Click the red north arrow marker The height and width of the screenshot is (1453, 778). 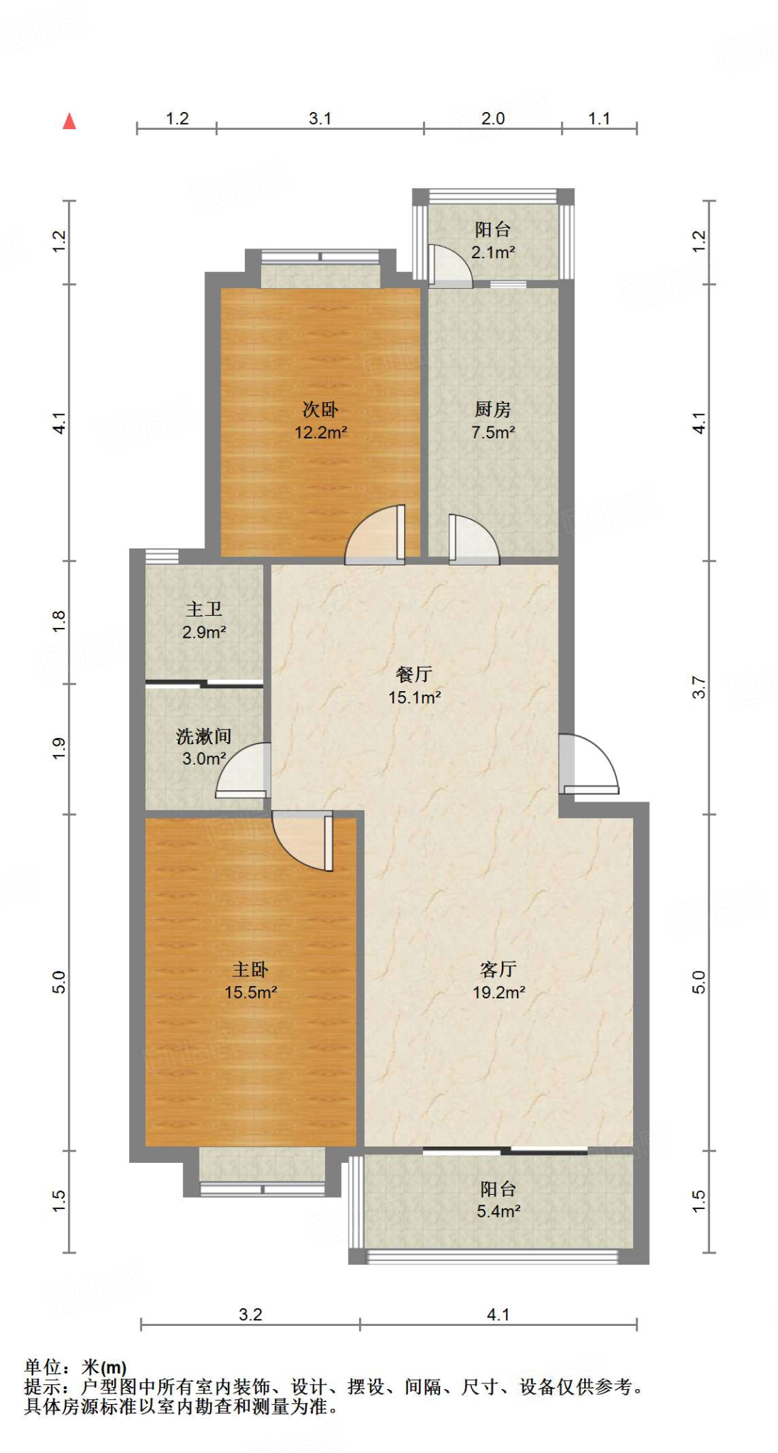pos(70,121)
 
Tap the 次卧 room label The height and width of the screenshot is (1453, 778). pos(320,409)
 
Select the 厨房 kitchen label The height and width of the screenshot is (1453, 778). pos(493,409)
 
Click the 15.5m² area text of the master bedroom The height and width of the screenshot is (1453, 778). pos(251,993)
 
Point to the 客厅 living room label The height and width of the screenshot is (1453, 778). pos(498,969)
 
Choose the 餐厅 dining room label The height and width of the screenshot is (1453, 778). pos(414,674)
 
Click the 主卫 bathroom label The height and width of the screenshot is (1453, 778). pos(204,609)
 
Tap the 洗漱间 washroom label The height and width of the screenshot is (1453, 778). pos(204,736)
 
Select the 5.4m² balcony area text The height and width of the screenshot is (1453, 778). pos(498,1211)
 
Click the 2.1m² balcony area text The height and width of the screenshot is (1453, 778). pos(493,252)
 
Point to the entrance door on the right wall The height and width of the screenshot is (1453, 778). pos(588,765)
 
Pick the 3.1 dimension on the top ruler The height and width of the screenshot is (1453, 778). pos(320,118)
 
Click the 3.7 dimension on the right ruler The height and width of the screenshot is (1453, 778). pos(699,687)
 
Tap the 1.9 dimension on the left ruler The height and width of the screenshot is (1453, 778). pos(59,748)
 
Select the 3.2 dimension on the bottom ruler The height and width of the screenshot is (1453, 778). pos(251,1315)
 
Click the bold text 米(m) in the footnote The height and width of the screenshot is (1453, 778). pos(104,1367)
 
